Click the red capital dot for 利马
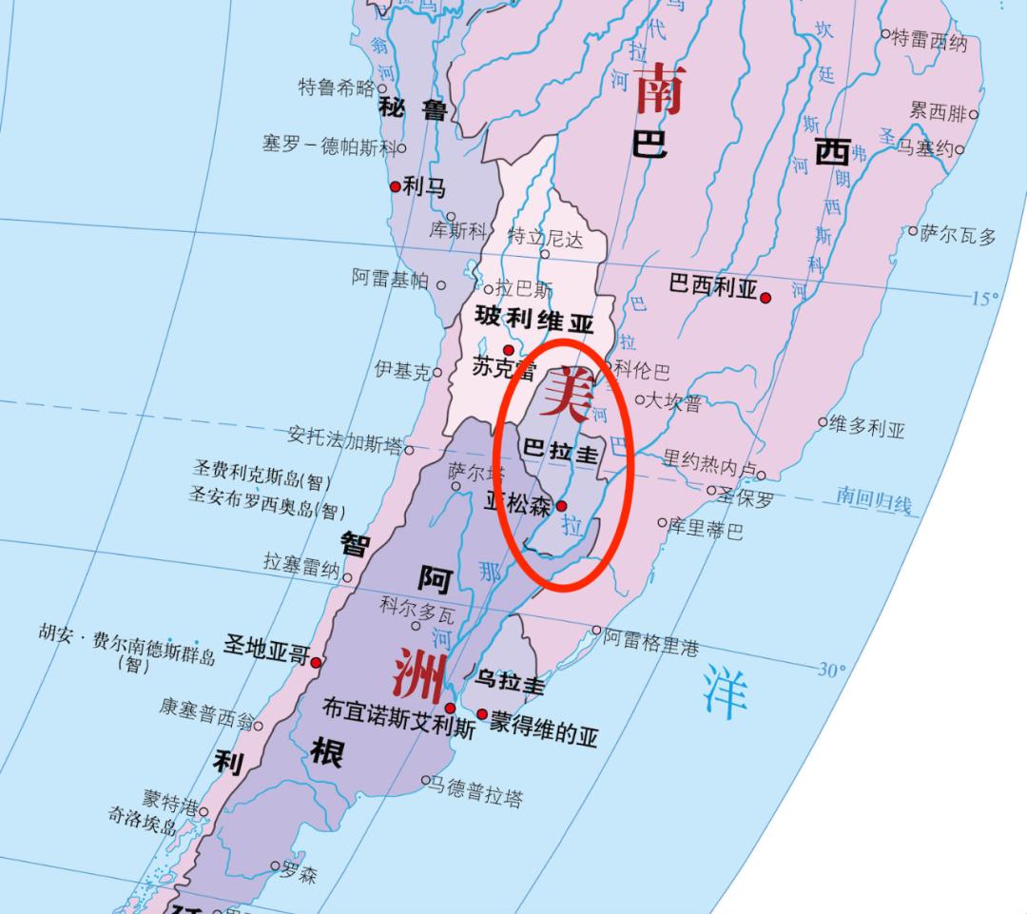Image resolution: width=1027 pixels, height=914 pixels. coord(396,187)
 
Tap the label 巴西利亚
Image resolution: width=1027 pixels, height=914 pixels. coord(713,284)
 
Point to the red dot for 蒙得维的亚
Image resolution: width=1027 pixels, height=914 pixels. coord(482,713)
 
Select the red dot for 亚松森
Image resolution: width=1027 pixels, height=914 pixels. coord(561,506)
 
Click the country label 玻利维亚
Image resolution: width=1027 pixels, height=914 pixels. coord(534,321)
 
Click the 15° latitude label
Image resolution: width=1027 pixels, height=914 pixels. coord(983,299)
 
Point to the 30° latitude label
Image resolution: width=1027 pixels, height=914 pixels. coord(831,670)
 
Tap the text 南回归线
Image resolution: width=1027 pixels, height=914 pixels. coord(874,499)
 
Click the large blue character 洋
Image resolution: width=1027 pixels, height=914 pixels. coord(725,692)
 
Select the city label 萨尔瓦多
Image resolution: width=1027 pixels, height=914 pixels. coord(959,235)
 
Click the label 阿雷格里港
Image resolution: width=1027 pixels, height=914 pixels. coord(652,645)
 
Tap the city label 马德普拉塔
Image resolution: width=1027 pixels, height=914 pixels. coord(476,790)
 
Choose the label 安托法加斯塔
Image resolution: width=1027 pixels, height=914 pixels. coord(344,438)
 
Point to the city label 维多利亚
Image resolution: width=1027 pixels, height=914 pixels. coord(866,427)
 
